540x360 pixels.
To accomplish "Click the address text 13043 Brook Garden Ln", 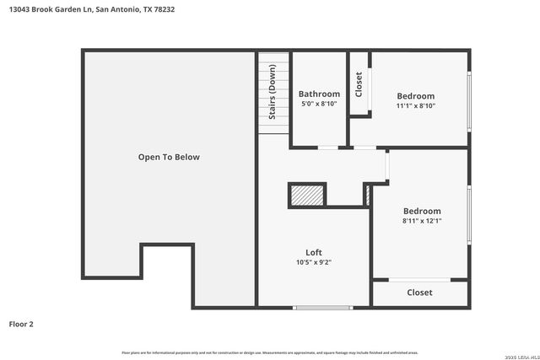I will pos(46,10).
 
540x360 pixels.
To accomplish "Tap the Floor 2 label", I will pos(21,324).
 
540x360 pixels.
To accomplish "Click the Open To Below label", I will pos(169,157).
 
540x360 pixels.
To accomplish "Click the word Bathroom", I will pos(319,94).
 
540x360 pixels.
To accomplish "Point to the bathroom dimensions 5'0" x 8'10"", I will pos(319,104).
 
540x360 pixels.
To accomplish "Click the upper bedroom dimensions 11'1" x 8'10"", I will pos(416,106).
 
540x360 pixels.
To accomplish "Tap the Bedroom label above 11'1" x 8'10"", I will pos(416,96).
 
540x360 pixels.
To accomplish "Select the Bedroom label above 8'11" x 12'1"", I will pos(422,211).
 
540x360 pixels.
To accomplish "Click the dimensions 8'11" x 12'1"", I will pos(422,221).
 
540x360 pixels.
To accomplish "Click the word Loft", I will pos(313,252).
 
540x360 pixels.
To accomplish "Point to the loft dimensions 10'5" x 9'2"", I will pos(313,262).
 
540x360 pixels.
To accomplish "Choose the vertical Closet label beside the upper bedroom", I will pos(359,83).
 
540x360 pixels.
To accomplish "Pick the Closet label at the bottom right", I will pos(419,293).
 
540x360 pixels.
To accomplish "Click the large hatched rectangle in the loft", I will pos(307,195).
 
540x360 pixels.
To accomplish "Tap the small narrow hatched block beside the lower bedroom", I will pos(367,196).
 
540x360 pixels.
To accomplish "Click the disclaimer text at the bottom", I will pos(269,352).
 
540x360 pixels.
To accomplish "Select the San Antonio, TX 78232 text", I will pos(134,10).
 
